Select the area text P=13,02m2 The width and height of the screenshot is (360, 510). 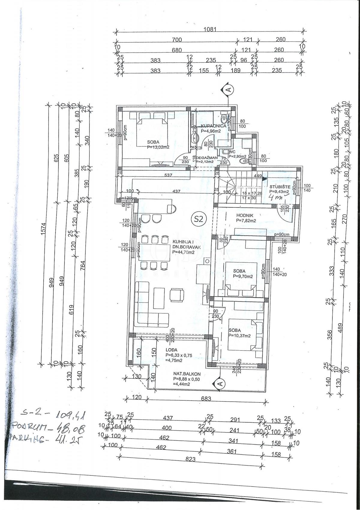[x=158, y=147]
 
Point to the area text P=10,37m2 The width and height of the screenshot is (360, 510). [x=239, y=336]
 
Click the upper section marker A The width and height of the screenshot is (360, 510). [x=228, y=89]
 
